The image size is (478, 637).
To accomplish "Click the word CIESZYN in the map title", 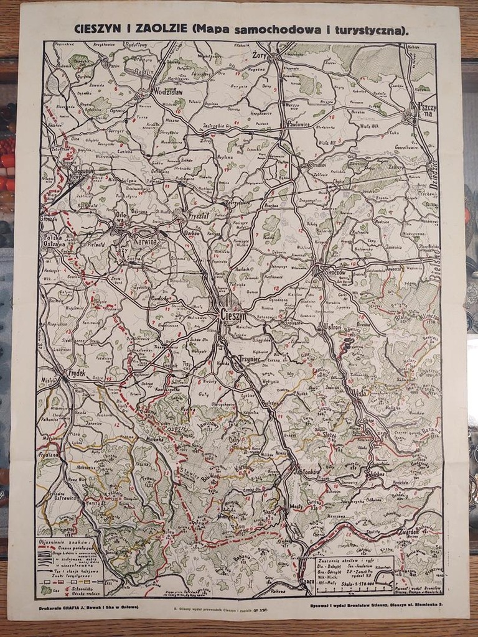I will [x=99, y=29].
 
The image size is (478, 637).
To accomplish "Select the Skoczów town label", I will [x=332, y=272].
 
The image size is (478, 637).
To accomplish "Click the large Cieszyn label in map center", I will [x=233, y=315].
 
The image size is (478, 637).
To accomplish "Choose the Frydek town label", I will [x=77, y=373].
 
